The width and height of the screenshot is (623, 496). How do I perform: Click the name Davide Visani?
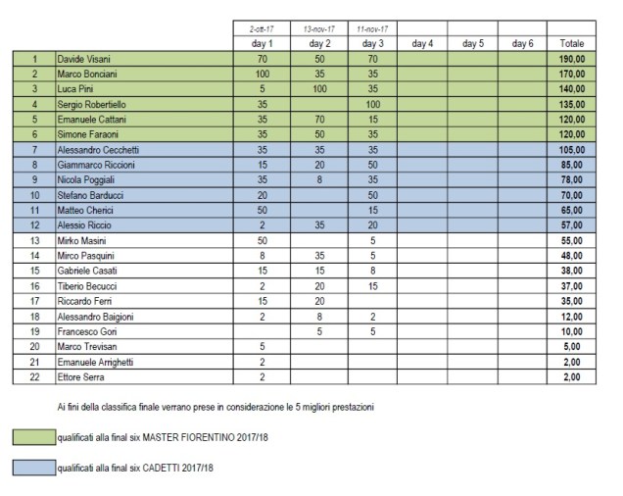pos(82,60)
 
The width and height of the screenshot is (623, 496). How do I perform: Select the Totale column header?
pos(572,44)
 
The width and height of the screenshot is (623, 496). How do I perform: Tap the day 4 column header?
pos(424,44)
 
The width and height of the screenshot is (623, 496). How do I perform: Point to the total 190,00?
pos(572,60)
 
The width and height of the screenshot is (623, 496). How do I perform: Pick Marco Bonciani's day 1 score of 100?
pos(262,74)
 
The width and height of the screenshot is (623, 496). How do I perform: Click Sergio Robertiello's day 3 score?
pos(371,103)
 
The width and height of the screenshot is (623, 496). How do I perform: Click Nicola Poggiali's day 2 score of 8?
pos(318,178)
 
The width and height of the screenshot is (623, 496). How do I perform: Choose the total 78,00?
pos(572,178)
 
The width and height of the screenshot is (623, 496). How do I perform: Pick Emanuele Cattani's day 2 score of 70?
pos(318,118)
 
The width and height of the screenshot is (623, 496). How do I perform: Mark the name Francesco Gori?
pos(85,332)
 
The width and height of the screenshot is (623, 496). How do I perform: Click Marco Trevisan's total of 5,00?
pos(572,347)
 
